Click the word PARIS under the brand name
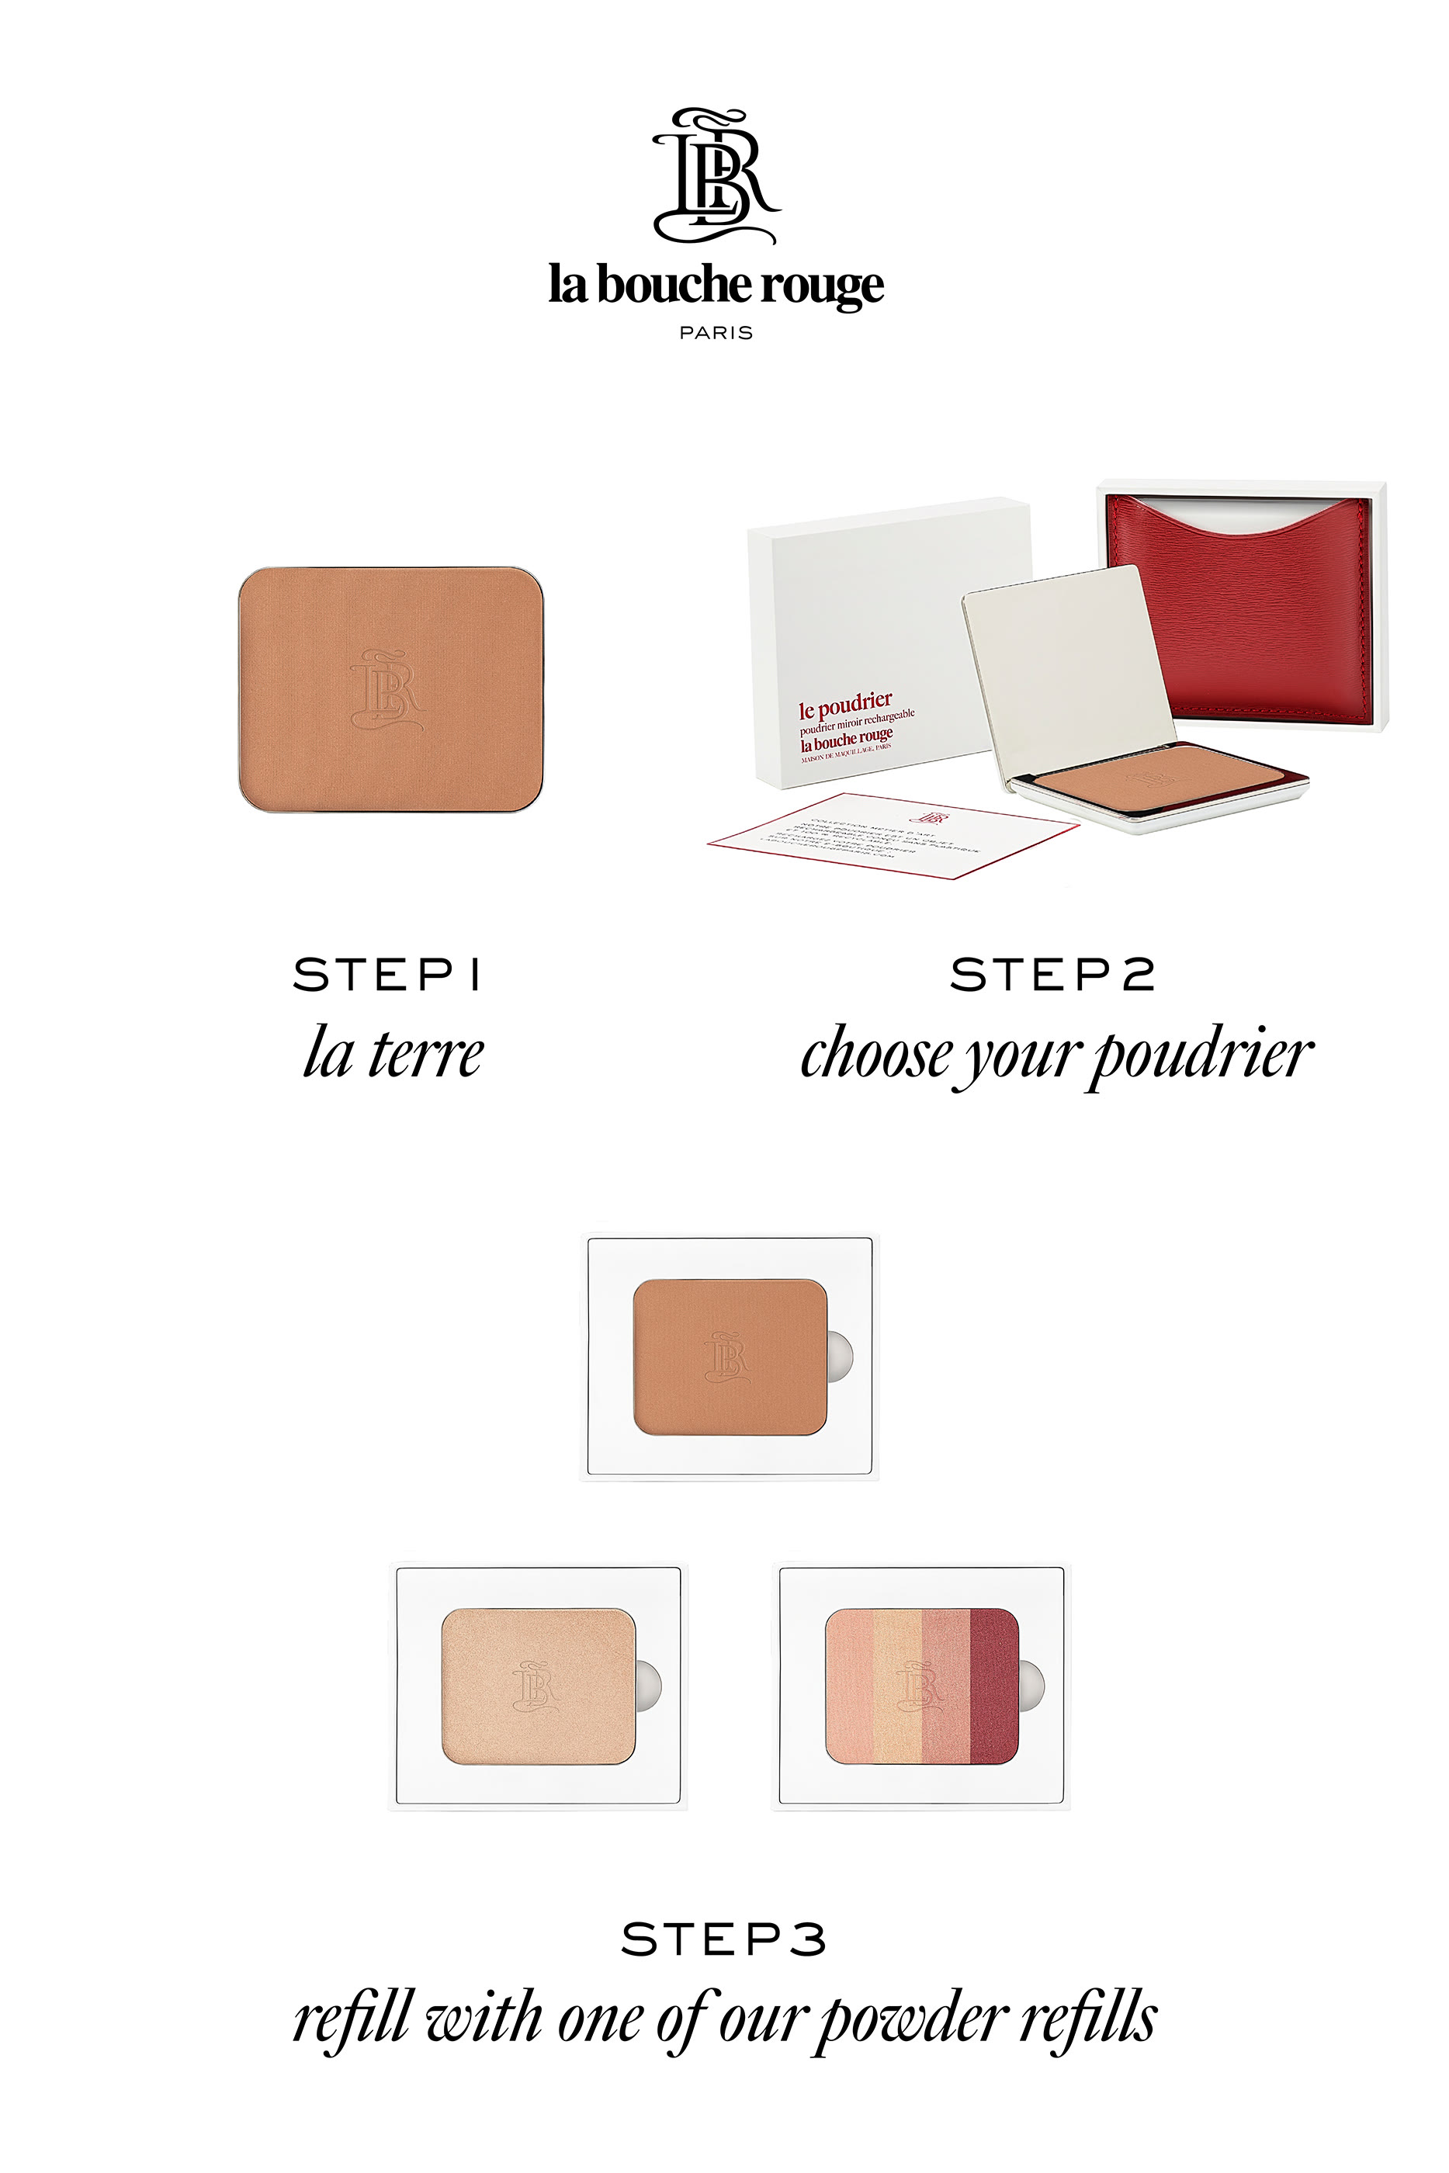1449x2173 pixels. (716, 333)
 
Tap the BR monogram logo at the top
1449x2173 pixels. (716, 175)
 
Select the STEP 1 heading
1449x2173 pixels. (387, 975)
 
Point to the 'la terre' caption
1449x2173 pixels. (393, 1053)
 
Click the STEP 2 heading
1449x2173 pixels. (1052, 975)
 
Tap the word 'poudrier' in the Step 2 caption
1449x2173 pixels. (1201, 1055)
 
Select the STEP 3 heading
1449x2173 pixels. (723, 1939)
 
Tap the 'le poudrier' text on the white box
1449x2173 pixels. (845, 707)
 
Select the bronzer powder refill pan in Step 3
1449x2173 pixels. (728, 1357)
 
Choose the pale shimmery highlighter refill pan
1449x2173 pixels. (537, 1687)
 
